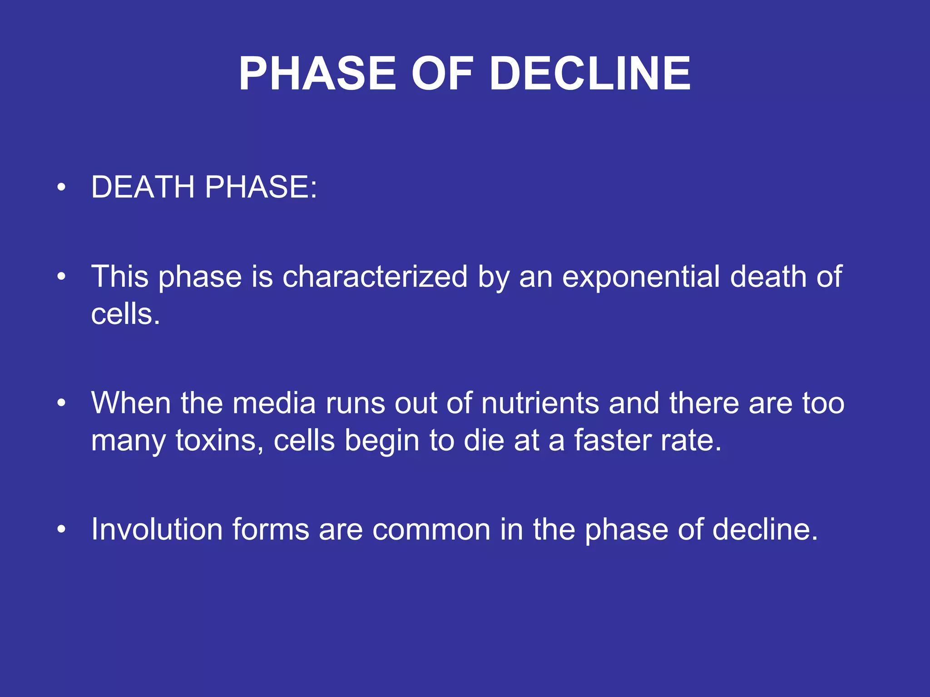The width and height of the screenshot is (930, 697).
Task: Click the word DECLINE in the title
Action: click(x=590, y=74)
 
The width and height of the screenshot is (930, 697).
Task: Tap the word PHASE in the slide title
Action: click(x=317, y=74)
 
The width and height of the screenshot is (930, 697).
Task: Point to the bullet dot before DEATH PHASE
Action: click(x=62, y=187)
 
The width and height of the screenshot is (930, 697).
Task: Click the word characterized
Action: click(x=375, y=276)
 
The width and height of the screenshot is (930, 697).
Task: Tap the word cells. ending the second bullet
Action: click(x=125, y=314)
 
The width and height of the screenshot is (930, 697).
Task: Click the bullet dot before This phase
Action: click(x=62, y=276)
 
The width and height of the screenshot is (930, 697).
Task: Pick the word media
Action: click(x=274, y=403)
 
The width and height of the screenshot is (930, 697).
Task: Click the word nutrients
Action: click(x=540, y=403)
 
